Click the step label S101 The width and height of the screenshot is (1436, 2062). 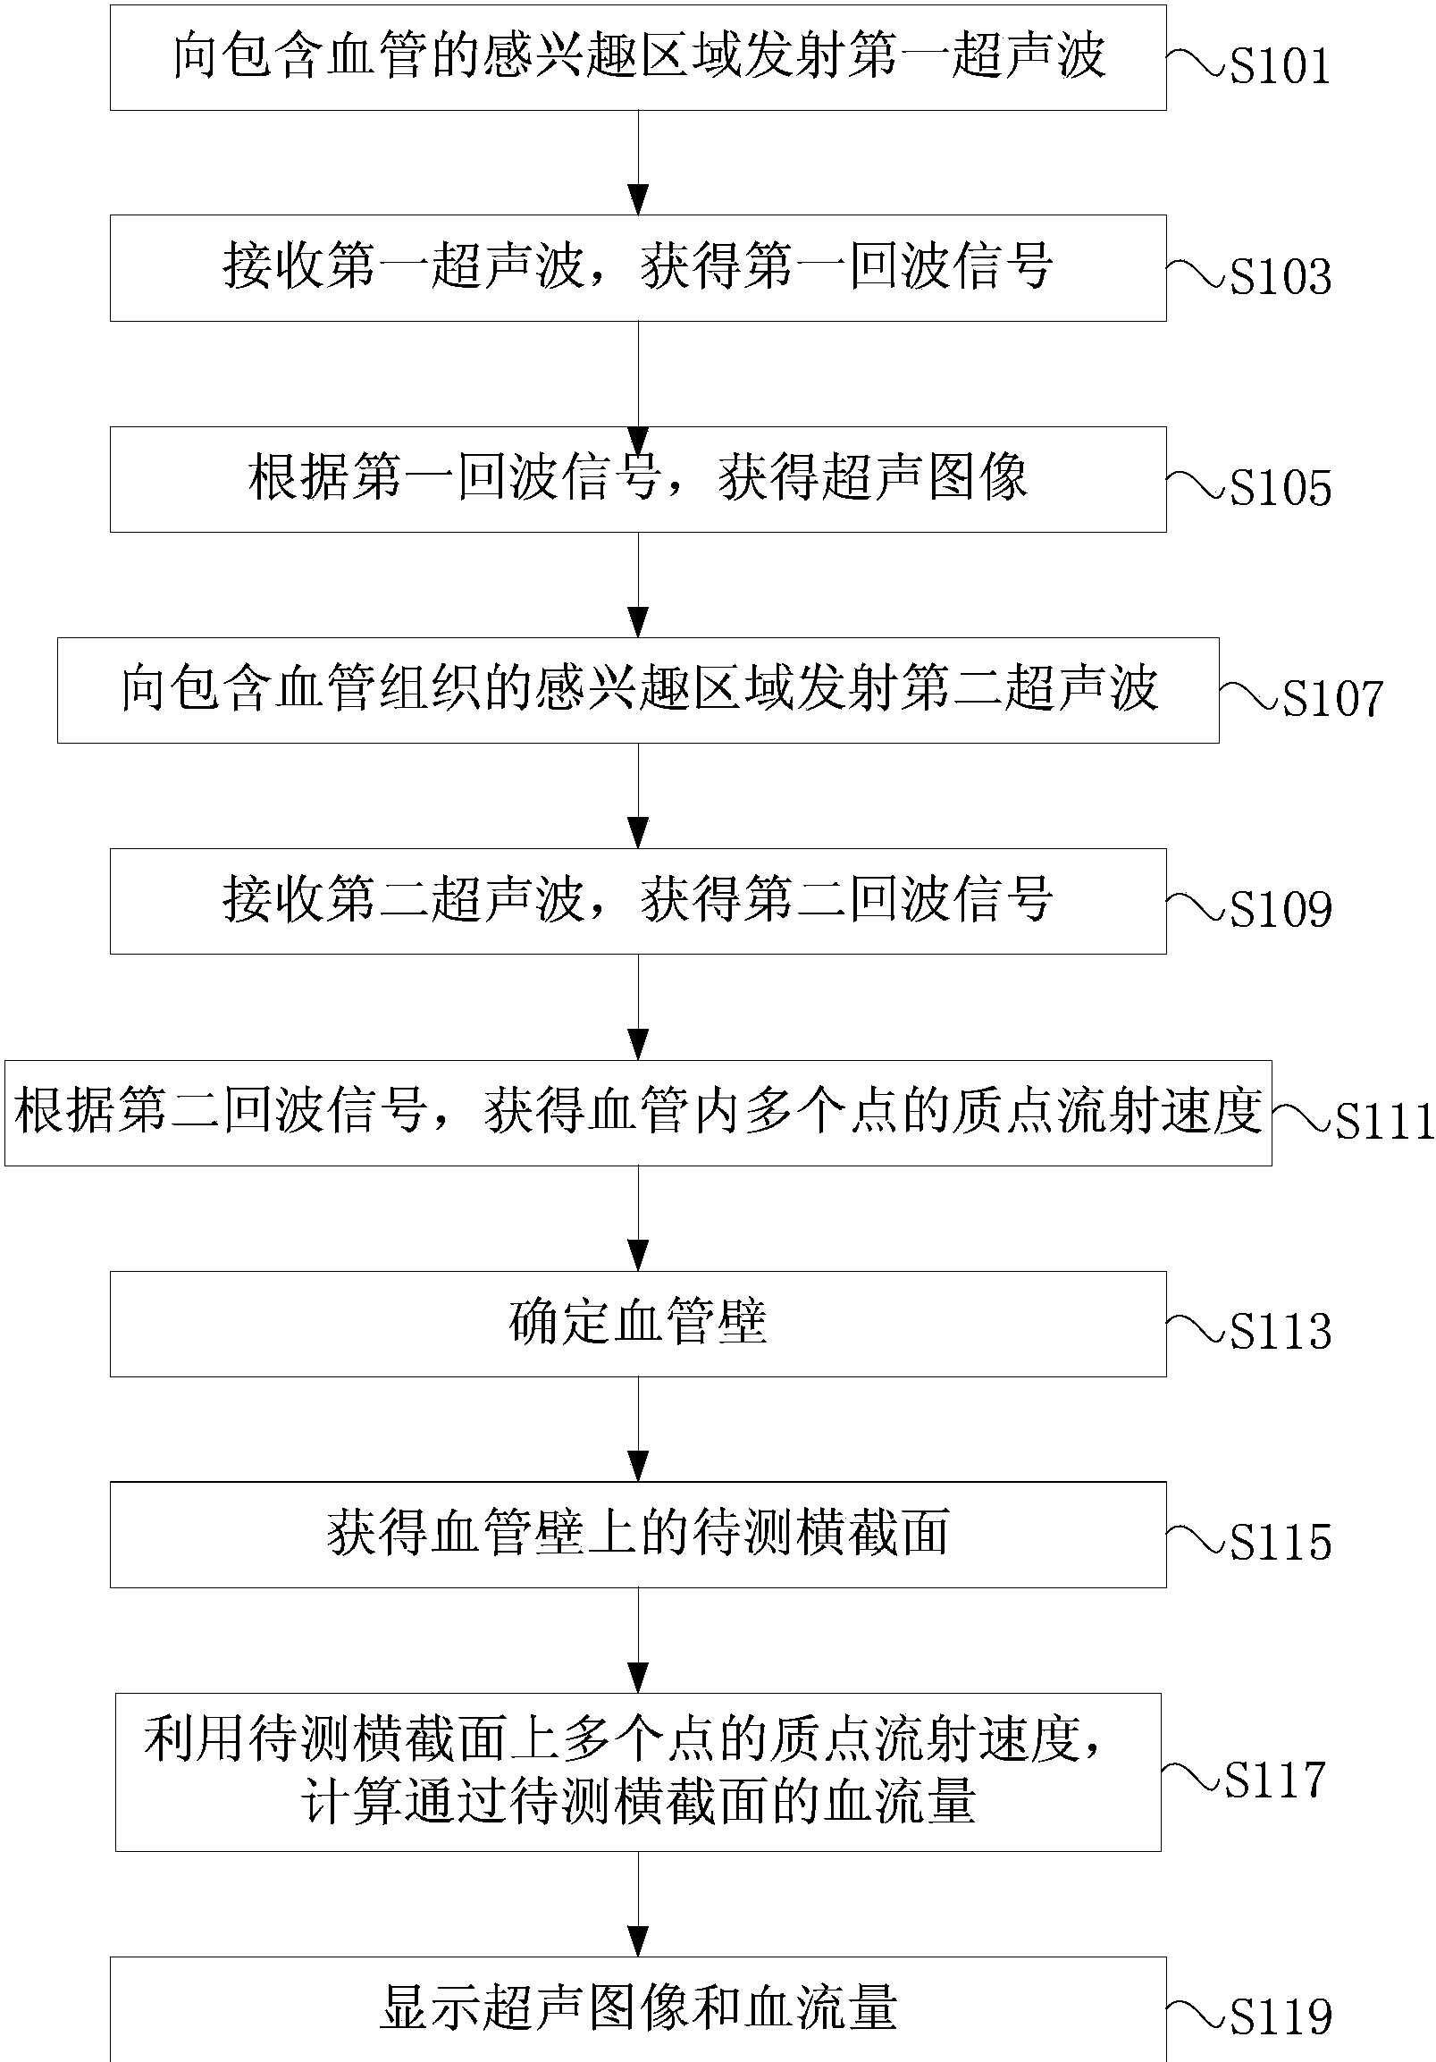[x=1280, y=66]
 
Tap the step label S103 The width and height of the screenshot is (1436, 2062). [x=1280, y=276]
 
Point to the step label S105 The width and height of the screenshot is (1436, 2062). [x=1280, y=488]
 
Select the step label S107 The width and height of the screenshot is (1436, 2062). [x=1332, y=699]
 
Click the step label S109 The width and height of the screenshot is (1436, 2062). [x=1280, y=909]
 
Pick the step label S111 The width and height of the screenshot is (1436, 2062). [x=1384, y=1121]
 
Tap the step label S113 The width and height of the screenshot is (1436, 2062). [x=1280, y=1331]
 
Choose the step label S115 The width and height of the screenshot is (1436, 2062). [x=1280, y=1542]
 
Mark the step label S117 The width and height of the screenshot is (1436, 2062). [x=1275, y=1779]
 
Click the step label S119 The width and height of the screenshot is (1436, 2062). [x=1280, y=2016]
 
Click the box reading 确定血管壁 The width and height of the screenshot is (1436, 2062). [x=638, y=1324]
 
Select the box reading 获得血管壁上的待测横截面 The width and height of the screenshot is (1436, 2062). [x=638, y=1534]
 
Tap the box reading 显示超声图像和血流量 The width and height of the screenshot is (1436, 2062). [x=638, y=2009]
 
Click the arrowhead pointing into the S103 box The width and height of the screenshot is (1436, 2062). [x=638, y=200]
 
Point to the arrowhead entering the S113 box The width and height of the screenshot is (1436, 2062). [x=638, y=1257]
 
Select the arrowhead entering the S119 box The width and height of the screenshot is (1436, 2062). [x=638, y=1942]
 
